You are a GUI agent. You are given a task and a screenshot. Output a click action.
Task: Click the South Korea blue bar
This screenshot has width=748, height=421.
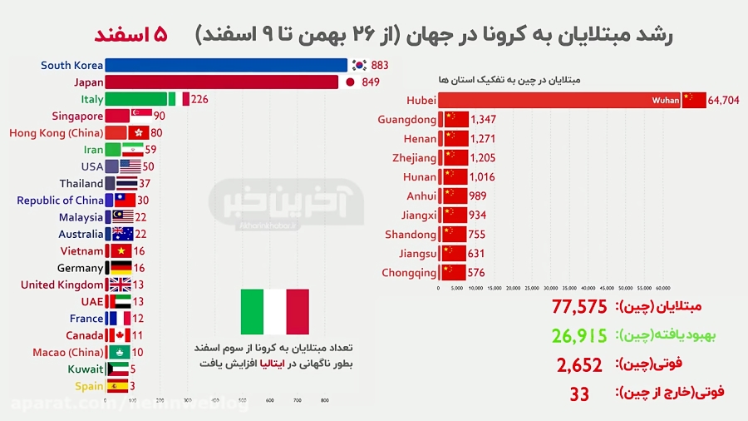click(226, 65)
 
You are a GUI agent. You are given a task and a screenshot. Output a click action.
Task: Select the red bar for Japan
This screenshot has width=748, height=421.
click(222, 82)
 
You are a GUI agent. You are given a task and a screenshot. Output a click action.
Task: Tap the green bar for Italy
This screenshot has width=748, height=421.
click(135, 99)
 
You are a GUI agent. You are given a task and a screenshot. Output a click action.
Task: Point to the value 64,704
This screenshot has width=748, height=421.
click(725, 102)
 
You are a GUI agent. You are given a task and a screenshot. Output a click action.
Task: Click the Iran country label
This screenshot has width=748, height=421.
click(93, 150)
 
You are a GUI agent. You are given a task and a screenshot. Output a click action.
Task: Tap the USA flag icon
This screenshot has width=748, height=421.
click(130, 166)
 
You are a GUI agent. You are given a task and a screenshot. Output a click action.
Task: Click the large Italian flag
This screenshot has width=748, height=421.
click(274, 312)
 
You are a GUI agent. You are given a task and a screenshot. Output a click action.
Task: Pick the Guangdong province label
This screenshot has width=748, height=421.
click(406, 120)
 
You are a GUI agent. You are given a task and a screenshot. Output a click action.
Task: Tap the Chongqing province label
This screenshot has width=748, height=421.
click(408, 272)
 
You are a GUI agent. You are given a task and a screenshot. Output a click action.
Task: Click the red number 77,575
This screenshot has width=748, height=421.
click(579, 307)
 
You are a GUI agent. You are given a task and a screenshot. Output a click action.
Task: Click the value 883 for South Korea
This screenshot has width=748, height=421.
click(380, 65)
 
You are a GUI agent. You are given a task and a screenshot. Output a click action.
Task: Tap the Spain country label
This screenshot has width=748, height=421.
click(89, 386)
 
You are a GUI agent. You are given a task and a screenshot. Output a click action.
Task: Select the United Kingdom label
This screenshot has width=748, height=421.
click(62, 285)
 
